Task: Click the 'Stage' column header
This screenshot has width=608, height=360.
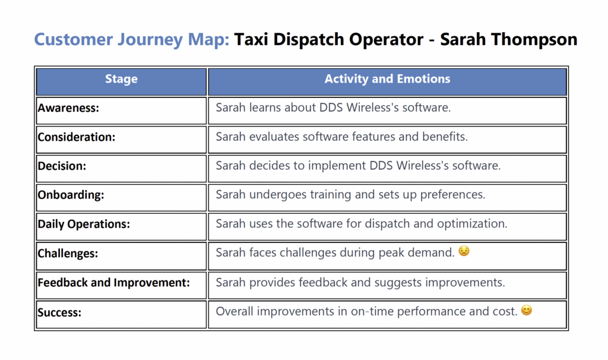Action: pos(121,79)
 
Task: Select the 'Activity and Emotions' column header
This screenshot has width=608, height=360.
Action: pos(387,79)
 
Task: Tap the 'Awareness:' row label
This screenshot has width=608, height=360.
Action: pos(68,108)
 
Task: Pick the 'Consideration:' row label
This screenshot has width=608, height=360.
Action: pos(77,137)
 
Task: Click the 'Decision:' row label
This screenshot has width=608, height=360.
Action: pos(62,166)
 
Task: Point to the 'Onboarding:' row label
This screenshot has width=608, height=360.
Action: pos(71,195)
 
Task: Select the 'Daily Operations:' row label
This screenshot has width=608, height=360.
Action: pos(84,224)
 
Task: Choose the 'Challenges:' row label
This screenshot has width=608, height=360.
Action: pos(68,253)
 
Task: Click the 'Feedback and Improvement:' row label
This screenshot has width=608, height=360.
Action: pos(113,282)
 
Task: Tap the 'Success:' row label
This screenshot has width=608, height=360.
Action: pos(59,312)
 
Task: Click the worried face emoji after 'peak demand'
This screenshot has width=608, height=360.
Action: pos(464,251)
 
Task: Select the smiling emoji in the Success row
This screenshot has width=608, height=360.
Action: pos(527,310)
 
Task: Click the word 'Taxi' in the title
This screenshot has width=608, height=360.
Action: pos(251,39)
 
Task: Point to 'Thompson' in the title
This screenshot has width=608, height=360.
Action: pos(534,40)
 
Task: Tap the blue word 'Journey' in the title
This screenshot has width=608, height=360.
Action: pos(150,40)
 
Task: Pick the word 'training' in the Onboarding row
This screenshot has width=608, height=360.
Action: pos(326,195)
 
